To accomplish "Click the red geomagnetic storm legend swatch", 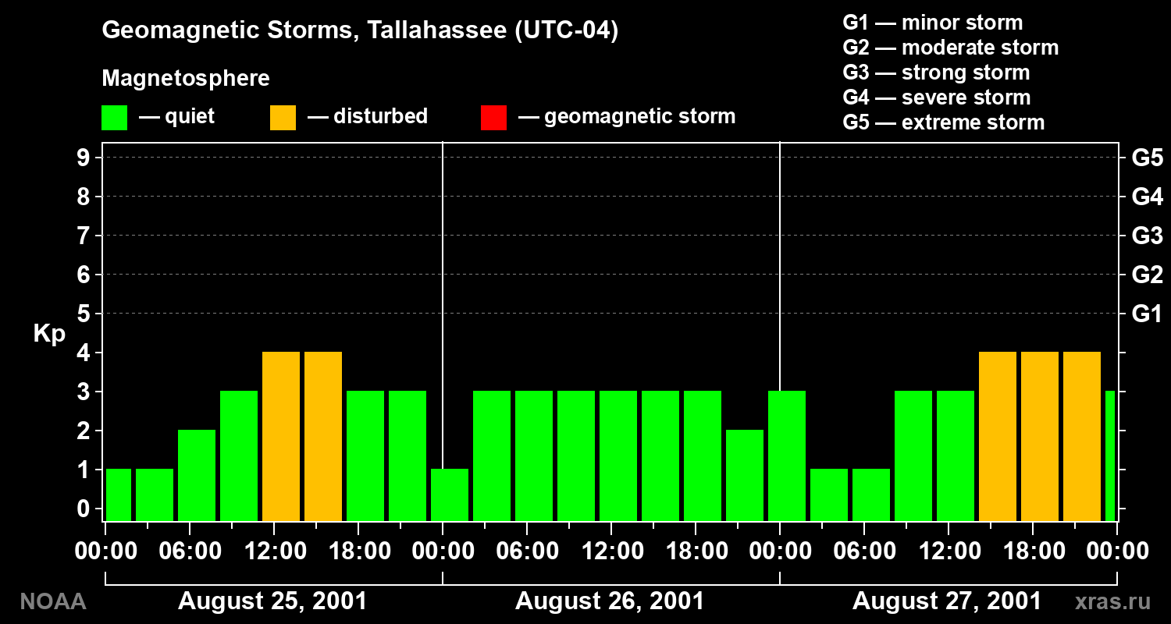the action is (493, 118).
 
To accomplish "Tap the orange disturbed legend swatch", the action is (283, 118).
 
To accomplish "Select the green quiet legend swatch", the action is (115, 118).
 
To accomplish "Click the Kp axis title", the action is (49, 334).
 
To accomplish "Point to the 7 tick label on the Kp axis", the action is (84, 236).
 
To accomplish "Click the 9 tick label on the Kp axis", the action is (84, 158).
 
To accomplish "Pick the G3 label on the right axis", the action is (1148, 236).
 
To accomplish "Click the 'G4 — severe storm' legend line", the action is (936, 97).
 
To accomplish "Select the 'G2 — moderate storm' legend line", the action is (950, 48).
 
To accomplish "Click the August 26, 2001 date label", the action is (610, 601).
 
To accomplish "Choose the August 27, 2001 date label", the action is (947, 601).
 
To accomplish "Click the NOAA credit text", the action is (53, 601).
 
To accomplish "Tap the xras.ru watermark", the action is (1112, 602).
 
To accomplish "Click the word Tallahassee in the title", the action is (436, 30).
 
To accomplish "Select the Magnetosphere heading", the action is (186, 79).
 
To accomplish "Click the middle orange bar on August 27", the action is (1040, 437).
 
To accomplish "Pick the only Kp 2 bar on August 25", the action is (197, 476).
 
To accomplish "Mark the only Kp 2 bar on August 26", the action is (745, 476).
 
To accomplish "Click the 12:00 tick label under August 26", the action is (613, 551).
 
